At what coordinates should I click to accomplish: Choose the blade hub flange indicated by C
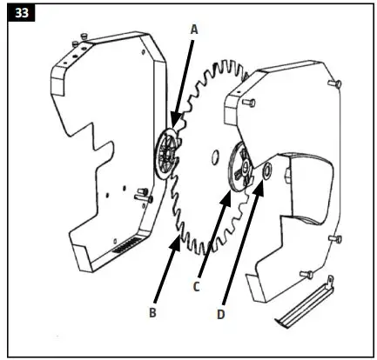pos(237,169)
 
